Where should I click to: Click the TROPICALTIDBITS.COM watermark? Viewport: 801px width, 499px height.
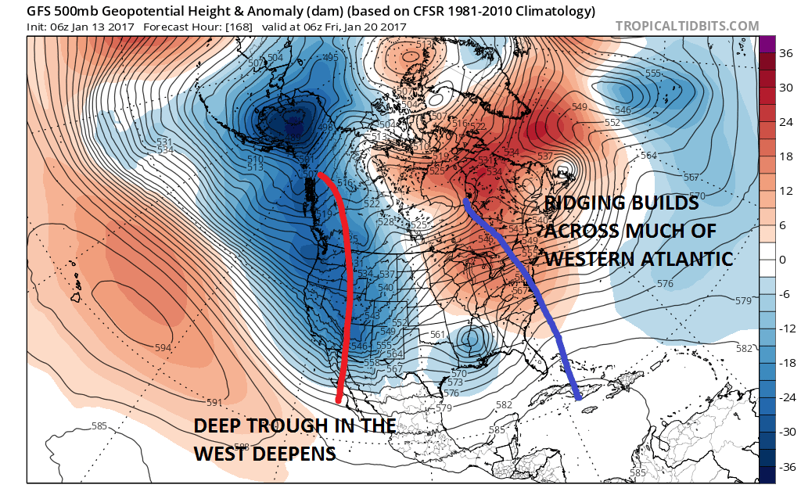point(687,26)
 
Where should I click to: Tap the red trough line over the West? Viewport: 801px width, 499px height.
point(347,274)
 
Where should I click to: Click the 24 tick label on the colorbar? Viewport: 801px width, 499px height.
point(782,122)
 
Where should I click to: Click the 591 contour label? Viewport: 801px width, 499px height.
point(214,403)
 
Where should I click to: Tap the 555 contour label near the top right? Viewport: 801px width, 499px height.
point(653,74)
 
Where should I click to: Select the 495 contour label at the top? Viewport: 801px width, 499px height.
point(330,58)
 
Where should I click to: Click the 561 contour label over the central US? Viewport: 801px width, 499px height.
point(438,335)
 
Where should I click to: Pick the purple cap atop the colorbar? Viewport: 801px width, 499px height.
point(767,44)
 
